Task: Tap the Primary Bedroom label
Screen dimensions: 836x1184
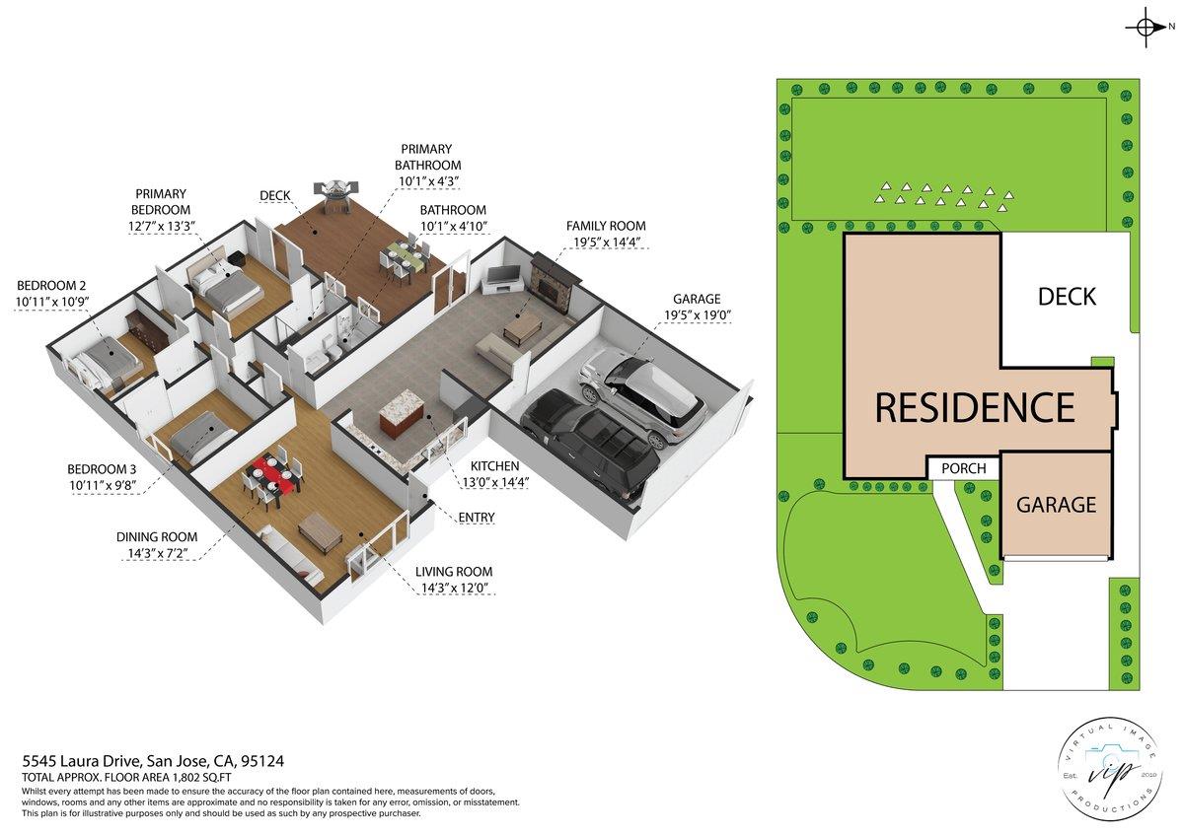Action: [162, 202]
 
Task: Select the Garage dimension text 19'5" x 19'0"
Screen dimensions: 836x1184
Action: [697, 316]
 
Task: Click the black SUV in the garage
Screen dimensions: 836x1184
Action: [590, 442]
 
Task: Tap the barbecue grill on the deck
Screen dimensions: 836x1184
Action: [338, 189]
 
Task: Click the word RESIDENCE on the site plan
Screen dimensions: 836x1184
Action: [974, 407]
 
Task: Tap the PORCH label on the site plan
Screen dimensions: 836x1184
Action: [963, 468]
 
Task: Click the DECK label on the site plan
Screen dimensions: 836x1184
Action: [1067, 296]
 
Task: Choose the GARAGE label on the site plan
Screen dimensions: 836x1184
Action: [1056, 505]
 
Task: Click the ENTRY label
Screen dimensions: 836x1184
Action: [476, 518]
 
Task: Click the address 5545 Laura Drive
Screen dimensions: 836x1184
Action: [83, 761]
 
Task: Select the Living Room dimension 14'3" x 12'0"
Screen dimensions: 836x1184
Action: [453, 589]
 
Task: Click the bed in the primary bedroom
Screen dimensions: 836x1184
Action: [225, 286]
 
